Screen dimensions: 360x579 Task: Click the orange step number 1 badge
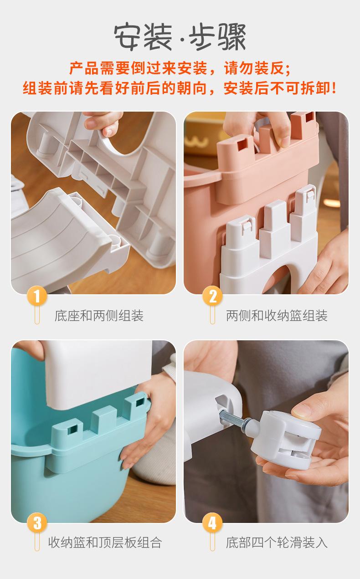pos(37,296)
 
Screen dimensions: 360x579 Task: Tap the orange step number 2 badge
pos(213,296)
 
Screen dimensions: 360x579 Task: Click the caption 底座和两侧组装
pos(99,316)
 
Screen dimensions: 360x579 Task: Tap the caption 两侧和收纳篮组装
pos(277,316)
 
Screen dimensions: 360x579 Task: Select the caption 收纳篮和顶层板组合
pos(105,542)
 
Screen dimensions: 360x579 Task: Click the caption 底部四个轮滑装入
pos(277,542)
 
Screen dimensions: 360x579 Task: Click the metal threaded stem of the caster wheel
pos(232,421)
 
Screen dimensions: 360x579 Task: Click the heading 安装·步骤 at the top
pos(180,37)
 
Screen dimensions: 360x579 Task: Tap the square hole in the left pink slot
pos(242,145)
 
